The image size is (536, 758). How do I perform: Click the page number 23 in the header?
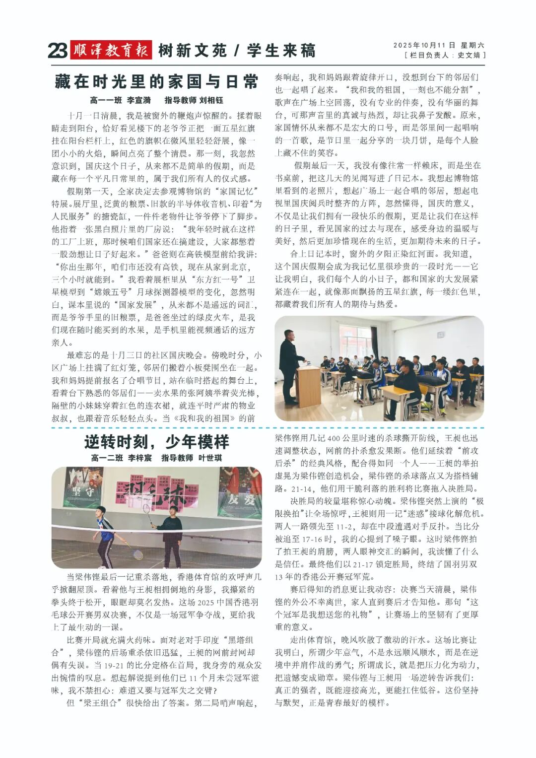[58, 51]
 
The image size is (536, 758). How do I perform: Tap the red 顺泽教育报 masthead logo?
[111, 50]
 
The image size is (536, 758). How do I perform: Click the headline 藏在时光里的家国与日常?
[156, 81]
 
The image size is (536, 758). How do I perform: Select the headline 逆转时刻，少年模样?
[156, 441]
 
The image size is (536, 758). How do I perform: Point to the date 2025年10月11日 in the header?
[424, 45]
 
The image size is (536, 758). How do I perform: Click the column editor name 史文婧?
[469, 55]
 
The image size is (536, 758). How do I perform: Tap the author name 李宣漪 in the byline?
[139, 100]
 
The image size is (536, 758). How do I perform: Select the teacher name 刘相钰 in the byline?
[211, 100]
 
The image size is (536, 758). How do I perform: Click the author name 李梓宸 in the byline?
[140, 458]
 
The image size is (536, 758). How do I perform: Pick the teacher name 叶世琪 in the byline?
[210, 458]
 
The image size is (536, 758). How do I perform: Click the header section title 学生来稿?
[281, 51]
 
